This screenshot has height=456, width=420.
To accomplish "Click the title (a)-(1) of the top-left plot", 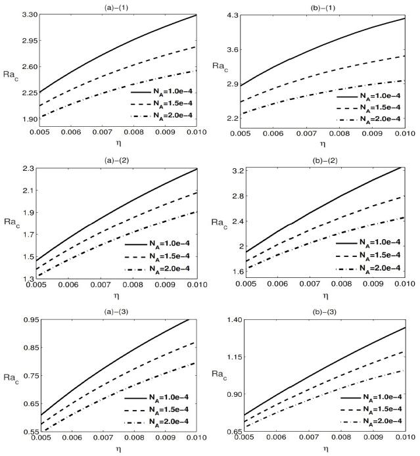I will coord(119,5).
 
